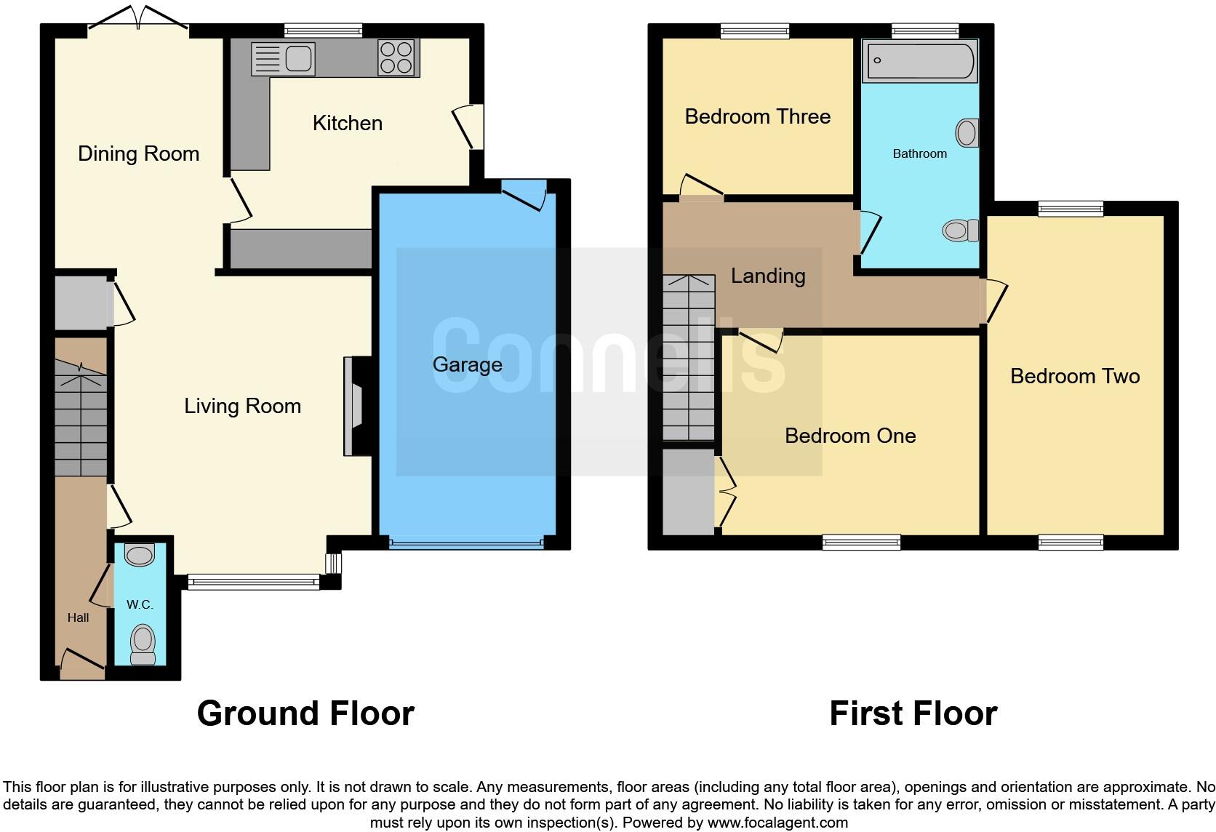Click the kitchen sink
pyautogui.click(x=284, y=58)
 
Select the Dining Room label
pyautogui.click(x=138, y=153)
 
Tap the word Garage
pyautogui.click(x=467, y=364)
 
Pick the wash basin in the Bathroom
pyautogui.click(x=967, y=133)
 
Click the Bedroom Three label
pyautogui.click(x=757, y=116)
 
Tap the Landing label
pyautogui.click(x=768, y=276)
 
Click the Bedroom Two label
pyautogui.click(x=1075, y=376)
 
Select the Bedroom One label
pyautogui.click(x=850, y=436)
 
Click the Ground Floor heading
pyautogui.click(x=305, y=713)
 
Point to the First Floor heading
pyautogui.click(x=913, y=713)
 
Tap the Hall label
pyautogui.click(x=78, y=617)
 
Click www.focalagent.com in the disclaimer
pyautogui.click(x=777, y=823)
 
